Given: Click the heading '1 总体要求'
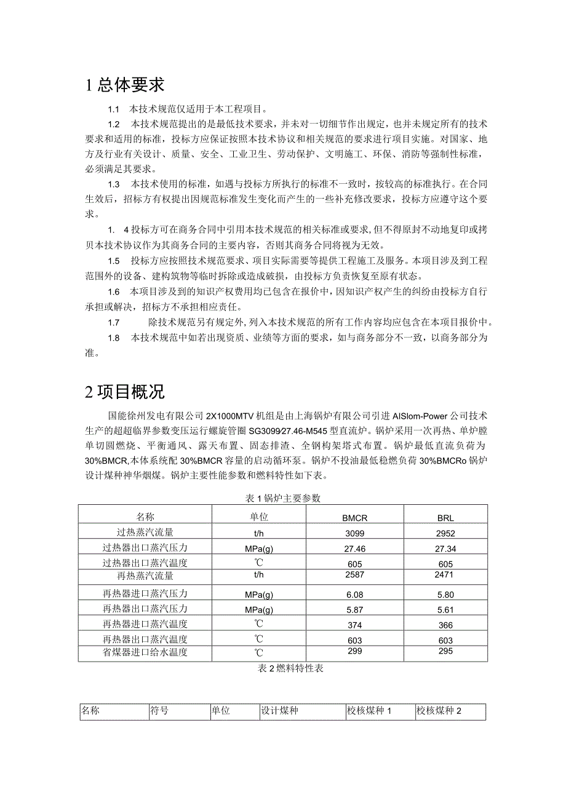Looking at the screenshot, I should pyautogui.click(x=126, y=85).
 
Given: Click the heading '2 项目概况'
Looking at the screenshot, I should pyautogui.click(x=126, y=392).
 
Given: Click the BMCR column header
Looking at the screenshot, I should pyautogui.click(x=355, y=518).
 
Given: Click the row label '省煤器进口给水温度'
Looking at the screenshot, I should pyautogui.click(x=145, y=652).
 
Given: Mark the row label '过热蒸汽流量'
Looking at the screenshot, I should pyautogui.click(x=145, y=533).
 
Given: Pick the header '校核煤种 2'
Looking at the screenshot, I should pyautogui.click(x=439, y=711).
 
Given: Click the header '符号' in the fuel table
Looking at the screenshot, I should pyautogui.click(x=160, y=711).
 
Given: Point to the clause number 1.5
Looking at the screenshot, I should pyautogui.click(x=113, y=260).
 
